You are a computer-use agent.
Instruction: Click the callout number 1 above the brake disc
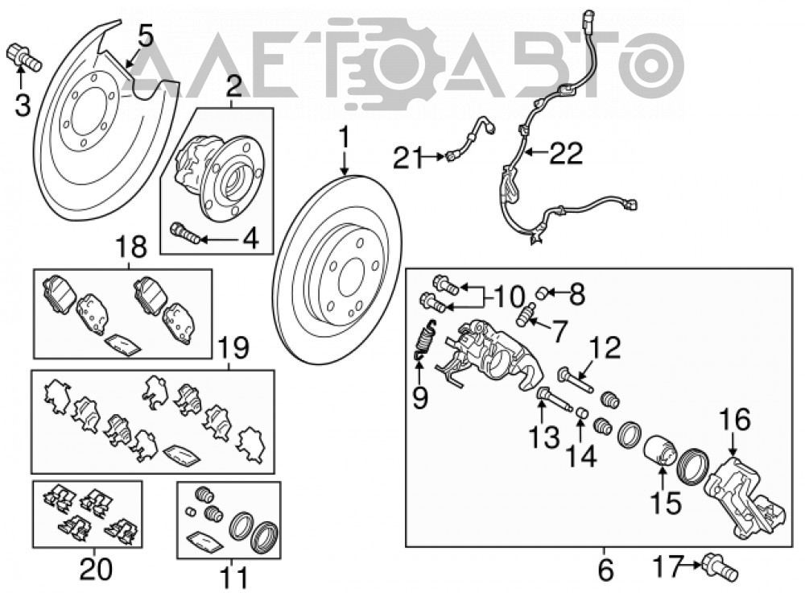(x=345, y=139)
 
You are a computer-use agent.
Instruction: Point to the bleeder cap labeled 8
(x=541, y=294)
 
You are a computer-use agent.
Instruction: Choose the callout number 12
(x=606, y=347)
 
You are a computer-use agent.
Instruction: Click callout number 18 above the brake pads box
(x=132, y=247)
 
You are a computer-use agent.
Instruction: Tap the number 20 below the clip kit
(x=97, y=570)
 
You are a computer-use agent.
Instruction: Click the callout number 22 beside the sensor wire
(x=567, y=153)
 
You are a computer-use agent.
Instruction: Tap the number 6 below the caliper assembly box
(x=606, y=570)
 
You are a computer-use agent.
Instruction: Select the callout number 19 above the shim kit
(x=233, y=348)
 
